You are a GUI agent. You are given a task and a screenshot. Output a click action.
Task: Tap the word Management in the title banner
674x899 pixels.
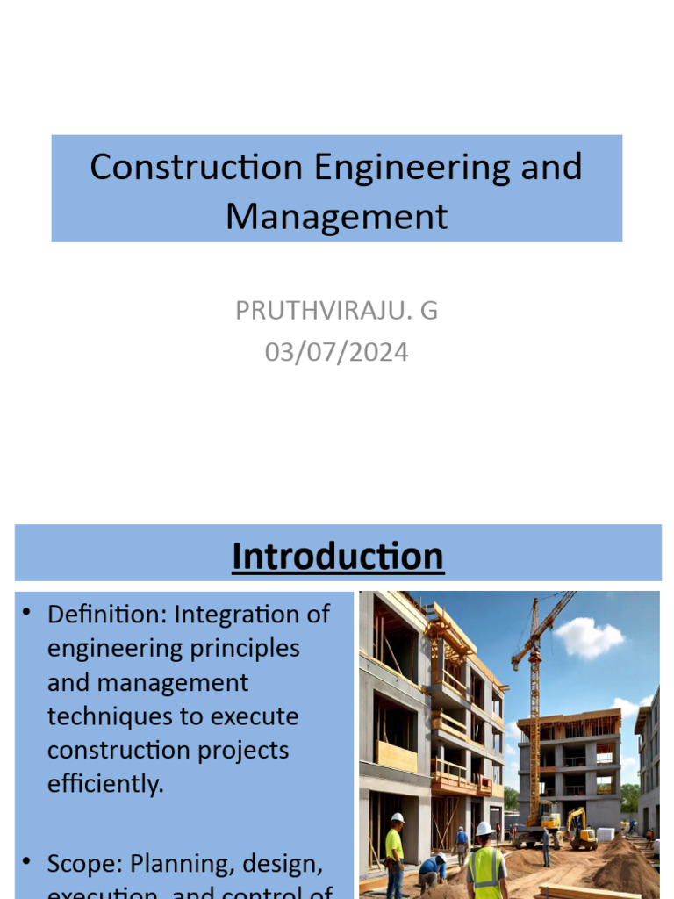point(336,216)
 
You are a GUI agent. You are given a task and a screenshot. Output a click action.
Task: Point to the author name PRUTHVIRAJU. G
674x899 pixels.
point(336,310)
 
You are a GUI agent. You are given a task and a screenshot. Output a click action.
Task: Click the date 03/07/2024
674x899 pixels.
point(336,352)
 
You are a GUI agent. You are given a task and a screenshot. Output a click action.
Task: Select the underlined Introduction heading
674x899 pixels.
point(338,556)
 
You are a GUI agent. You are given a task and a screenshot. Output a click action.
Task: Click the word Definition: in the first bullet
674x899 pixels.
point(106,614)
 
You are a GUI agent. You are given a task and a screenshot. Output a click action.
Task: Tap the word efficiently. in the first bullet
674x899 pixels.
point(105,784)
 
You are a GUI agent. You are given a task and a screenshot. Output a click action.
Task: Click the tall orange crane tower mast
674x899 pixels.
point(533,720)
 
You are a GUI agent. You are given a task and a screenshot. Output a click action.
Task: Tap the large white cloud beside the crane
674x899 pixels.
point(588,638)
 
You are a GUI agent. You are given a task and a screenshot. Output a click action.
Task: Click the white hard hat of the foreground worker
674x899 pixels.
point(484,828)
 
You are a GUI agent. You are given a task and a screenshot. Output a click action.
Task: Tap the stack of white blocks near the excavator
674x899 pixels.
point(606,834)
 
